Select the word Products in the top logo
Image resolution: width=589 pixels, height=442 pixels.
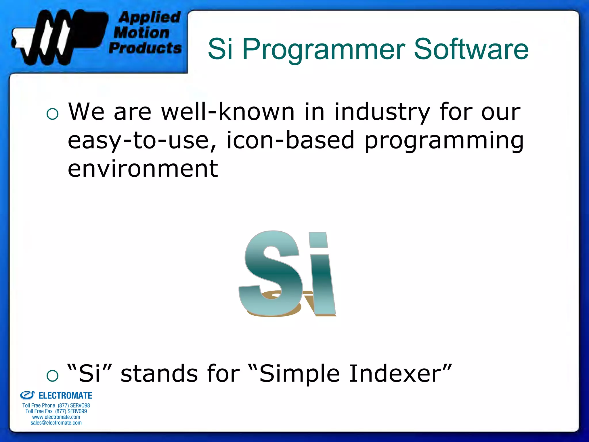[145, 48]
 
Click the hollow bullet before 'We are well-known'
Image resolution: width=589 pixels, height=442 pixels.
[52, 114]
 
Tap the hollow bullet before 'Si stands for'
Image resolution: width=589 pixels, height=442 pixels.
[52, 376]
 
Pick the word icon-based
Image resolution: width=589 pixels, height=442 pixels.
[290, 140]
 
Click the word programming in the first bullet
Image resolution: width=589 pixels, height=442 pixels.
[444, 141]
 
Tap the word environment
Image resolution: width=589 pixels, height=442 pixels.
[143, 169]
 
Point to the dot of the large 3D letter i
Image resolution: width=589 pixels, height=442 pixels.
[318, 240]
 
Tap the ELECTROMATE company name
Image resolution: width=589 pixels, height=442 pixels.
[65, 396]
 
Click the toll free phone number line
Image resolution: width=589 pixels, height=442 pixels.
[56, 405]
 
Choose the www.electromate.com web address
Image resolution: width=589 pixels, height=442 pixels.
[56, 417]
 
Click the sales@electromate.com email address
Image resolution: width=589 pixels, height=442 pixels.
[56, 423]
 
